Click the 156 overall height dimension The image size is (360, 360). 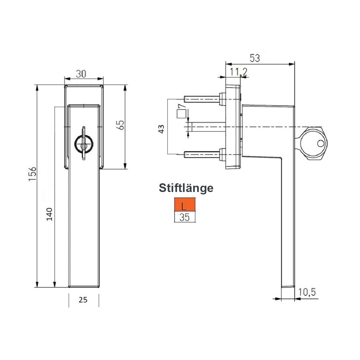click(x=32, y=174)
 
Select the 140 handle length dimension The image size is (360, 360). click(x=49, y=214)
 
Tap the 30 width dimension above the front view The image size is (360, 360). click(x=81, y=74)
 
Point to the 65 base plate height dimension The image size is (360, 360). click(x=121, y=125)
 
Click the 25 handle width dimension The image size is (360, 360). click(x=83, y=305)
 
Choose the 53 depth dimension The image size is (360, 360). click(x=255, y=58)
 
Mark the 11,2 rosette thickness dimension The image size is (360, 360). click(x=238, y=72)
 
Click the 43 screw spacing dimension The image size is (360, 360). click(x=161, y=129)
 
